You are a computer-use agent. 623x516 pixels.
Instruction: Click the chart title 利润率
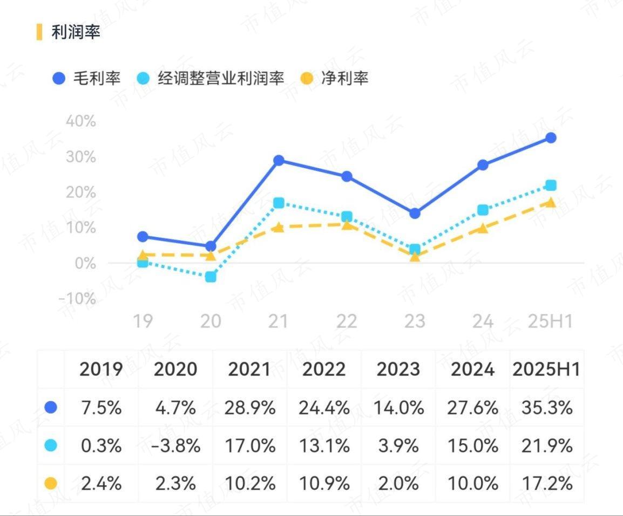pos(76,32)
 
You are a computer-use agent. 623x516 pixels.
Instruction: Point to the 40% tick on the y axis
pos(80,121)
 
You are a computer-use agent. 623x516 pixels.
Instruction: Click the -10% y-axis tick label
pos(77,299)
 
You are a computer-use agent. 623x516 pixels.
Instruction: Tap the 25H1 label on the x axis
pos(550,322)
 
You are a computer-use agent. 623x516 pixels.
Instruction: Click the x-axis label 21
pos(279,322)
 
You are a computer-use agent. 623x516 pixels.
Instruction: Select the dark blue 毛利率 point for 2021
pos(279,161)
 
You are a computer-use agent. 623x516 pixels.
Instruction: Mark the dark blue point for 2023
pos(415,214)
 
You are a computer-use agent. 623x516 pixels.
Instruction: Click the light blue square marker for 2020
pos(211,277)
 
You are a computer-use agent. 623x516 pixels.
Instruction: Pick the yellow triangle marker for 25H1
pos(551,202)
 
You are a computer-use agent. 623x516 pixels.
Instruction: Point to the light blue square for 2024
pos(483,210)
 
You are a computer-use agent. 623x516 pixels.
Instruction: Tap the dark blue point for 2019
pos(143,237)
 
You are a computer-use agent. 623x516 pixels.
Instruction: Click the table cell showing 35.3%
pos(546,408)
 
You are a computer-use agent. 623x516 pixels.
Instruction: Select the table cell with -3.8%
pos(175,446)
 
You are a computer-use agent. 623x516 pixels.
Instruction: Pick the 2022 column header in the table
pos(324,369)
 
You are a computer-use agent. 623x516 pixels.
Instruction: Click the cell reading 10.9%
pos(324,484)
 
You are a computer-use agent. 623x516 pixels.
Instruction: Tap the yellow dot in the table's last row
pos(51,484)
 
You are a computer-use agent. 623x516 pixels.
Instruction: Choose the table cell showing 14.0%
pos(398,408)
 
